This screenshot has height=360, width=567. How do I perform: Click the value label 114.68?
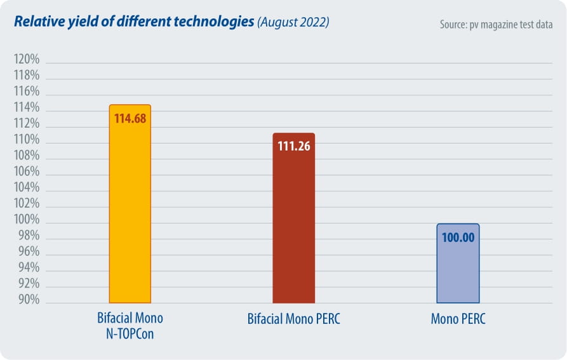(x=131, y=117)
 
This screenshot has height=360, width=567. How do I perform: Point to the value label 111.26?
(x=293, y=146)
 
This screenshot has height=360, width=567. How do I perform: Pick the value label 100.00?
(x=458, y=237)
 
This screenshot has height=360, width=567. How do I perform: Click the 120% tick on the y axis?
(x=27, y=60)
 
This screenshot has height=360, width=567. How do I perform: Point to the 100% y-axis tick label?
(x=27, y=220)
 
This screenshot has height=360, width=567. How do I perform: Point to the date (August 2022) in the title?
(x=293, y=23)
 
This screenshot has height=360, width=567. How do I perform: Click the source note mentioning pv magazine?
(x=495, y=25)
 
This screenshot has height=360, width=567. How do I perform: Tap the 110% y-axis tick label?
(x=27, y=140)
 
